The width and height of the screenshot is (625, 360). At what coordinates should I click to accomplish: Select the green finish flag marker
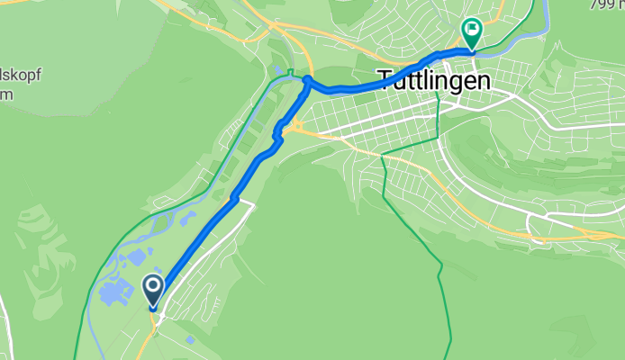click(x=470, y=31)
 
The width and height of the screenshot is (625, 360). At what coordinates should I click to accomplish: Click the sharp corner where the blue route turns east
click(x=306, y=81)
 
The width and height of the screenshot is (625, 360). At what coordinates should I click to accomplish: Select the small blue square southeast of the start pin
click(x=192, y=338)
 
